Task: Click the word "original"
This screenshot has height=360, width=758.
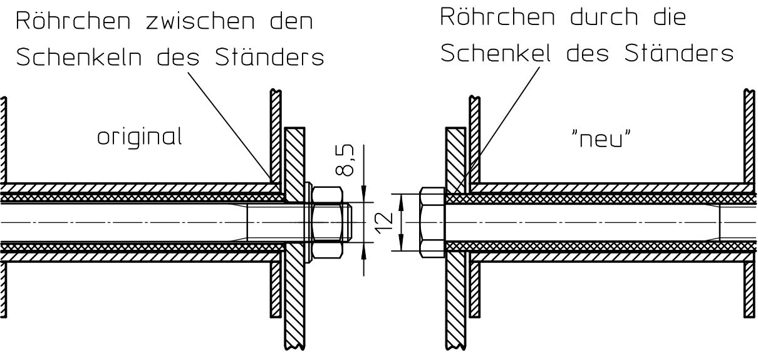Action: click(140, 137)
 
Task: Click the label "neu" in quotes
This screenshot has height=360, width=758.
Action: click(601, 140)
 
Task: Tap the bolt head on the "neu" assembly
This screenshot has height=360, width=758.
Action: click(431, 222)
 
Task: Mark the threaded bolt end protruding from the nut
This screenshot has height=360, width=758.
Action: click(350, 222)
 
